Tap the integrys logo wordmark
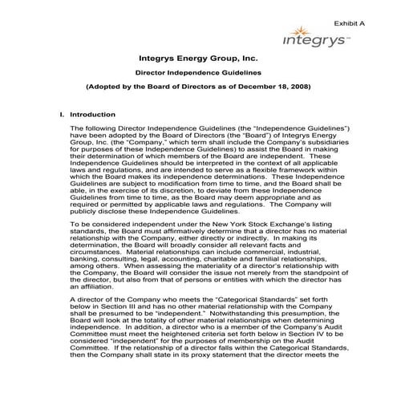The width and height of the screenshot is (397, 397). click(x=314, y=39)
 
